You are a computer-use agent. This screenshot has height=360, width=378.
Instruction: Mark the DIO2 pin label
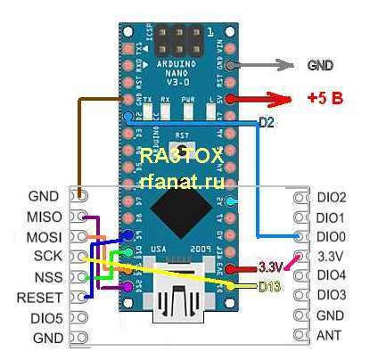pyautogui.click(x=331, y=197)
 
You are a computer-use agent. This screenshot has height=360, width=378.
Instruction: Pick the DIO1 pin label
pyautogui.click(x=331, y=217)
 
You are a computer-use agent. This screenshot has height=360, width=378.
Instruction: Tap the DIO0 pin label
pyautogui.click(x=331, y=237)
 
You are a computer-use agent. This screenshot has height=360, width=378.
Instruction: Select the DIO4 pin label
pyautogui.click(x=331, y=275)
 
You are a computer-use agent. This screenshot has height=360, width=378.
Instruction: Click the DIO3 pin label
pyautogui.click(x=331, y=295)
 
